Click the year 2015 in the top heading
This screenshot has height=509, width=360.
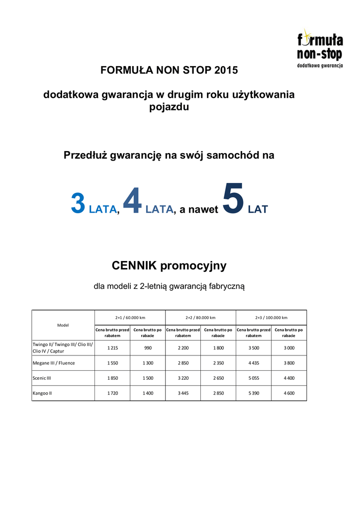click(226, 70)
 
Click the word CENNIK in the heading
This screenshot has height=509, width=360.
click(136, 266)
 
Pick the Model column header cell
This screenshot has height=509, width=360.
click(63, 325)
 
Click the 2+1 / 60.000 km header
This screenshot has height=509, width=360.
click(130, 318)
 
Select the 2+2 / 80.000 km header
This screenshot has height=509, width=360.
click(200, 318)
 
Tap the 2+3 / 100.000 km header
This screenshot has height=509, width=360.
click(271, 318)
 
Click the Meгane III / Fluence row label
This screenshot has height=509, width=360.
click(54, 363)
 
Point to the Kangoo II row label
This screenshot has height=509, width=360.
click(42, 393)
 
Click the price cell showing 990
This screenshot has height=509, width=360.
click(148, 348)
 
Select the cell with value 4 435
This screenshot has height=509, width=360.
click(254, 363)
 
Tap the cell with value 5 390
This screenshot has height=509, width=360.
click(254, 393)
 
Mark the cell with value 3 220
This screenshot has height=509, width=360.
click(183, 378)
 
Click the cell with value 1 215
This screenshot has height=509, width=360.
click(112, 348)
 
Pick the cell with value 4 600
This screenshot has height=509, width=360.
click(289, 393)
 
